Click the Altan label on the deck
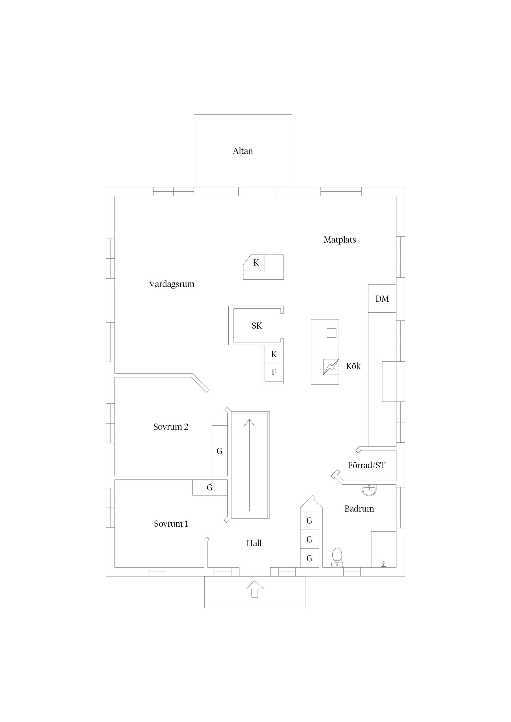point(242,151)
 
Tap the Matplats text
point(339,240)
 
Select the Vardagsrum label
point(171,284)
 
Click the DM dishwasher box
point(382,299)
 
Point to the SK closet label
point(257,326)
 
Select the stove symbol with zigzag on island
point(331,367)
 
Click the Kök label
point(353,366)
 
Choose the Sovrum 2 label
point(171,427)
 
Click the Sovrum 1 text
point(171,524)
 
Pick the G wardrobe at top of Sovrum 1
point(209,488)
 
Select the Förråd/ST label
point(366,465)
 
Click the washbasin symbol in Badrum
point(369,490)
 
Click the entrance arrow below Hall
point(254,589)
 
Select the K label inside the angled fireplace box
point(256,263)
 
